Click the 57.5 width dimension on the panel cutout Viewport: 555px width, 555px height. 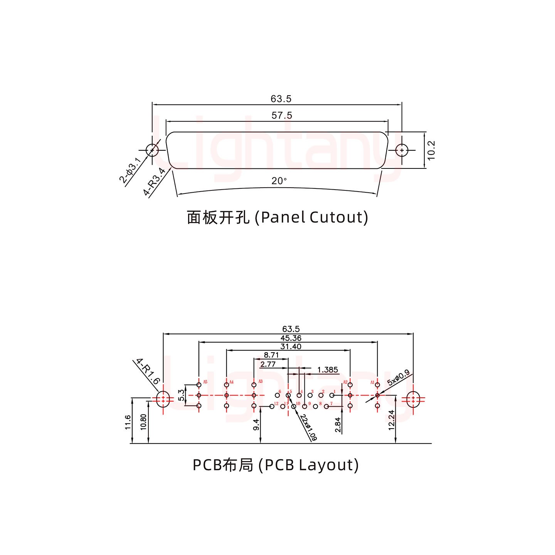pos(282,115)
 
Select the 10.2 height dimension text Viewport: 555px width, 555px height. pos(431,150)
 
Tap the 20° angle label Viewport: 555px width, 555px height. pos(279,181)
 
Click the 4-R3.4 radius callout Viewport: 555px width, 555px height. pos(154,182)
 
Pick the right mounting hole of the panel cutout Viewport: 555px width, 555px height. pos(402,150)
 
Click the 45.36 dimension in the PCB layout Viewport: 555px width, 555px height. pos(291,338)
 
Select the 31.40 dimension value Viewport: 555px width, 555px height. pos(291,346)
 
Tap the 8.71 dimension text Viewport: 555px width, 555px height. pos(271,355)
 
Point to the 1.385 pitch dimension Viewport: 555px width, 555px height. pos(327,370)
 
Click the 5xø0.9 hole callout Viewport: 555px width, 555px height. pos(398,378)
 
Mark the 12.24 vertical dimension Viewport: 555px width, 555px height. pos(391,420)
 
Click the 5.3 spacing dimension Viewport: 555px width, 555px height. pos(181,395)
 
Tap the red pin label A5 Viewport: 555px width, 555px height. pos(205,382)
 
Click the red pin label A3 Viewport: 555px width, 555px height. pos(260,382)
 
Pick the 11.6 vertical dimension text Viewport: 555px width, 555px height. pos(128,422)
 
